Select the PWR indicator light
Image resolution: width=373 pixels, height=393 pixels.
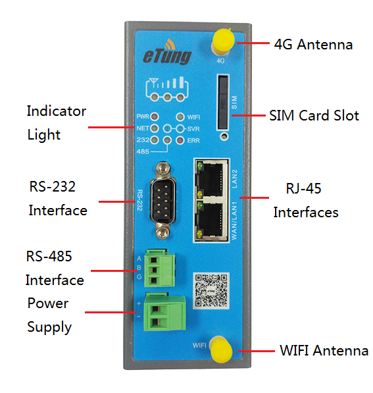pos(155,117)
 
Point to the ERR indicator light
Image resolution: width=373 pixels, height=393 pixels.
pos(180,140)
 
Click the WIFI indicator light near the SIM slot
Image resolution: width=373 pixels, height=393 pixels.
pos(180,117)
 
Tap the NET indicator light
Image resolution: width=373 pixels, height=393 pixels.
pos(155,128)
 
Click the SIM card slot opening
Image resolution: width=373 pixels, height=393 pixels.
pos(223,103)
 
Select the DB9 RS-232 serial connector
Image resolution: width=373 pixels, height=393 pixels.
pos(163,200)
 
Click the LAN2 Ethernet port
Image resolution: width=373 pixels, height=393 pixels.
pos(211,179)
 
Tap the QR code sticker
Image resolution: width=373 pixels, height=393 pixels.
pos(211,291)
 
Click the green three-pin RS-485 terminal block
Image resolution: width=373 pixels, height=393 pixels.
pos(160,268)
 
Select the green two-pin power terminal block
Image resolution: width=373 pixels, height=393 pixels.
pos(164,312)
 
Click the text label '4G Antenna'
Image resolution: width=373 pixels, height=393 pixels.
pos(313,45)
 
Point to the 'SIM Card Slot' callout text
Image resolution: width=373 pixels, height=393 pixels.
pos(314,116)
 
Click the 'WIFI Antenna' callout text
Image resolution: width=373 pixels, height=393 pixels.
pos(324,350)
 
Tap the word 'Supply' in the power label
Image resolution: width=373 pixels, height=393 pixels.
pos(49,327)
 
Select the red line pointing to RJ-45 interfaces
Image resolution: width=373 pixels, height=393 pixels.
pos(254,197)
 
